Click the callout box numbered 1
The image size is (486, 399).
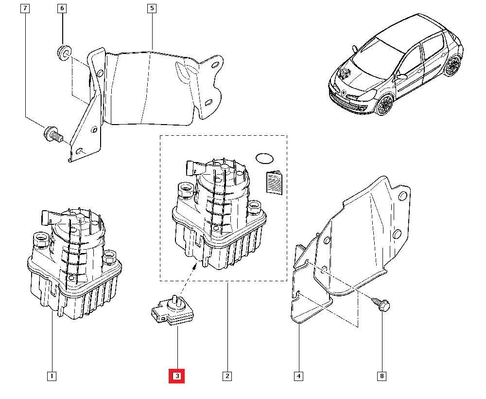point(51,376)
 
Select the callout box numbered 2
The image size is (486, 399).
point(226,376)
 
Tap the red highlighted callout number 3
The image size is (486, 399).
point(177,376)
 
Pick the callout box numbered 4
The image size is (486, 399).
point(298,376)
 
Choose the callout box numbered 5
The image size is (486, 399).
point(152,8)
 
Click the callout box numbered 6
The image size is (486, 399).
point(62,8)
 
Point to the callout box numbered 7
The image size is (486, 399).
point(26,8)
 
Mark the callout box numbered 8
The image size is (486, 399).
point(382,376)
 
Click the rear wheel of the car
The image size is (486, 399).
point(452,66)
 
